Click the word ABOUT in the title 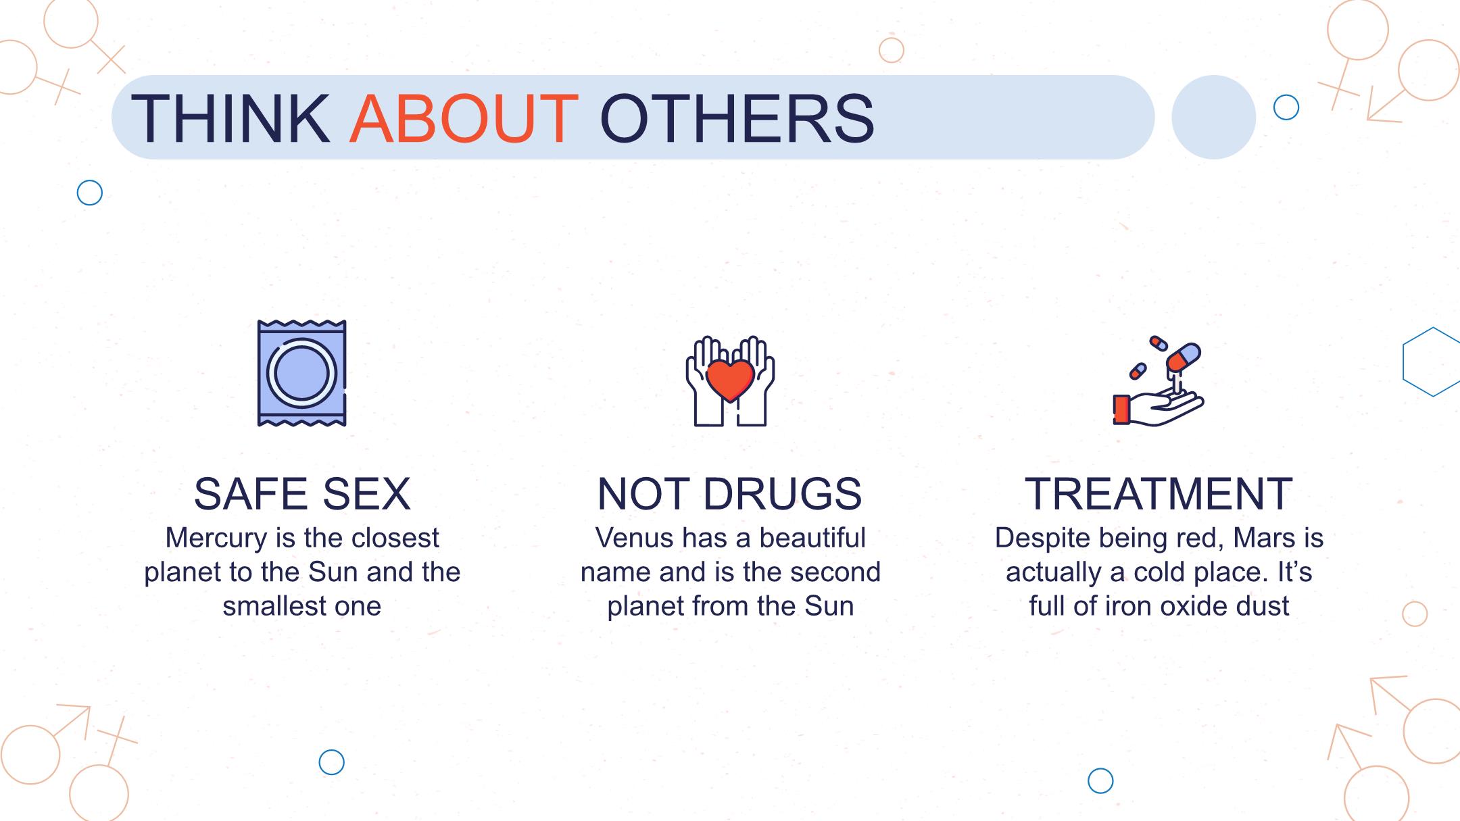pos(463,119)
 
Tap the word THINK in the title pos(230,119)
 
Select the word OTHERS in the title pos(737,119)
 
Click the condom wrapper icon pos(302,373)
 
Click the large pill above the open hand pos(1184,357)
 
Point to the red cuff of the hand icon pos(1121,409)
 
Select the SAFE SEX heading pos(302,494)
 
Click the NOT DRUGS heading pos(730,494)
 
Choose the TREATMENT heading pos(1159,494)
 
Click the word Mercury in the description pos(217,539)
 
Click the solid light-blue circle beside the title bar pos(1213,117)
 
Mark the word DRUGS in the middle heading pos(783,494)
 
